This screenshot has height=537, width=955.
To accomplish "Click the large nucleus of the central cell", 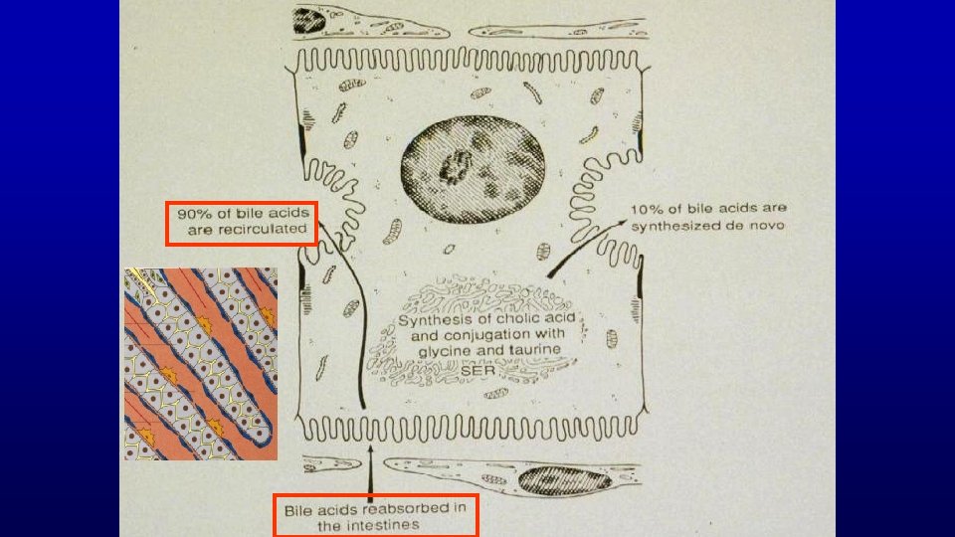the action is click(473, 169).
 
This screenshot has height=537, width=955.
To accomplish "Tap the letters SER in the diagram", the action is click(478, 370).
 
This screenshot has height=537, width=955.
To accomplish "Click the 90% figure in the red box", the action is click(191, 214).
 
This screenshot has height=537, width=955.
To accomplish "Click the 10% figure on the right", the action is click(645, 209).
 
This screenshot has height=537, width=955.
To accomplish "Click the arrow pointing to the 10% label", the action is click(586, 249).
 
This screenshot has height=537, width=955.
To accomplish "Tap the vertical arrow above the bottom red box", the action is click(370, 472).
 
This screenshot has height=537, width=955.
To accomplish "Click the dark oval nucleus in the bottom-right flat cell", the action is click(565, 480).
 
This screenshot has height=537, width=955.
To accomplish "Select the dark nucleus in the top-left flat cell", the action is click(309, 20).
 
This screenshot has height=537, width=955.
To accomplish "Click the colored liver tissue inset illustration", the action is click(201, 364).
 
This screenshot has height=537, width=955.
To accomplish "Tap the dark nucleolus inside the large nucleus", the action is click(456, 167).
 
